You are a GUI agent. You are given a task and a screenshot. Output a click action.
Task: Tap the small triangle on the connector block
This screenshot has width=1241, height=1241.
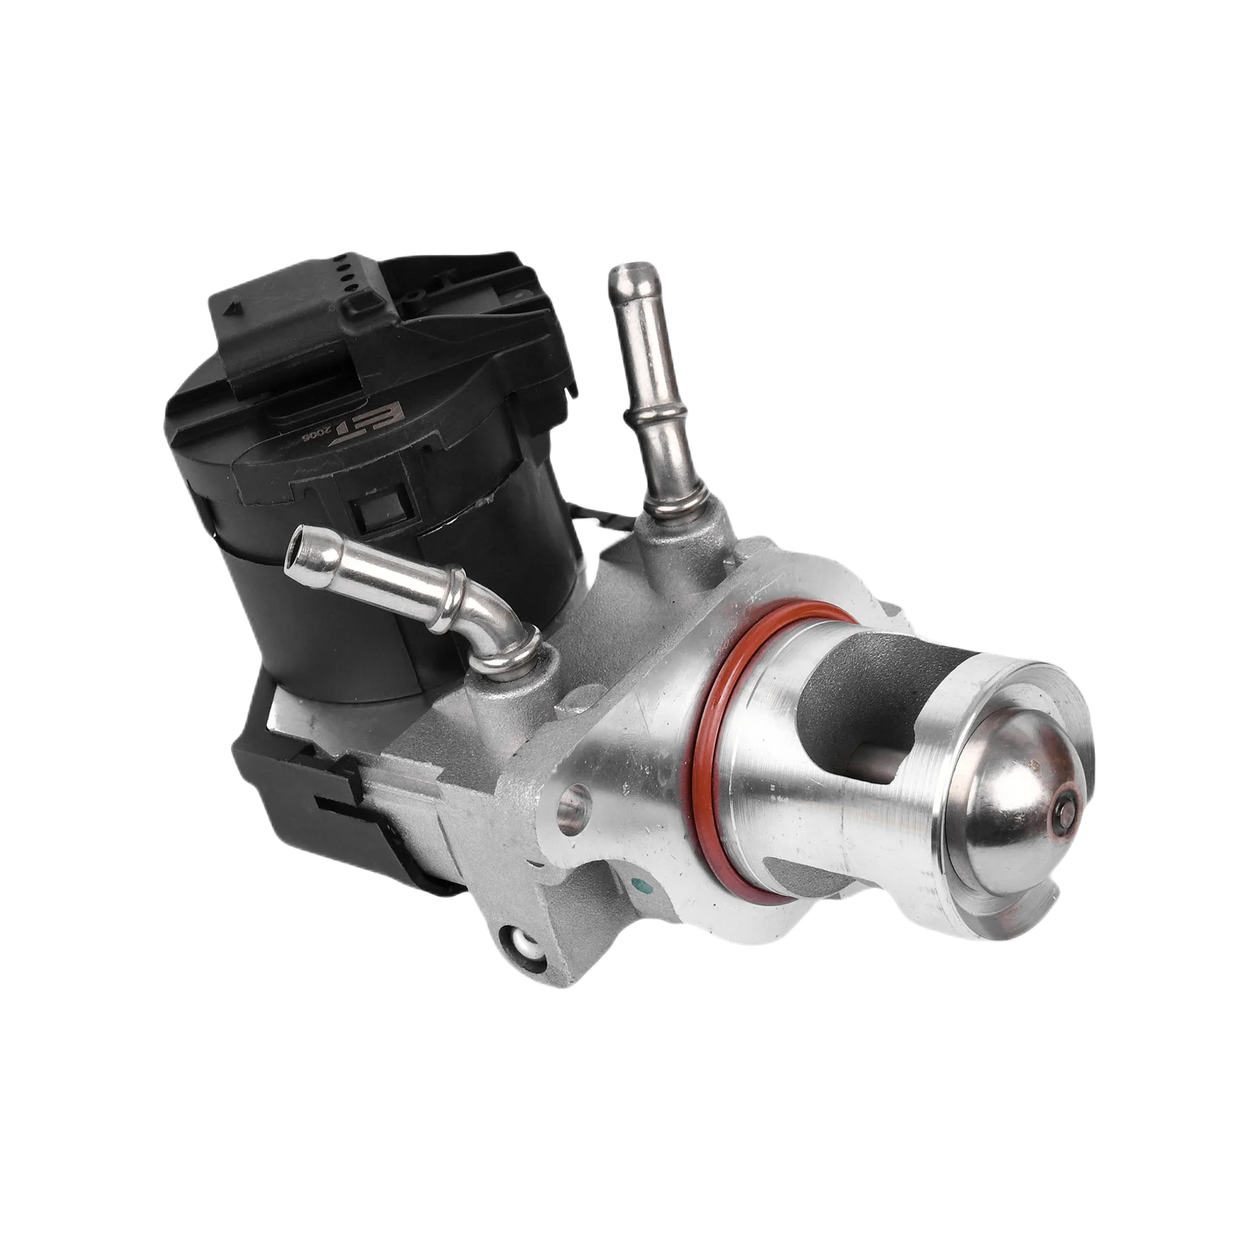[234, 307]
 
